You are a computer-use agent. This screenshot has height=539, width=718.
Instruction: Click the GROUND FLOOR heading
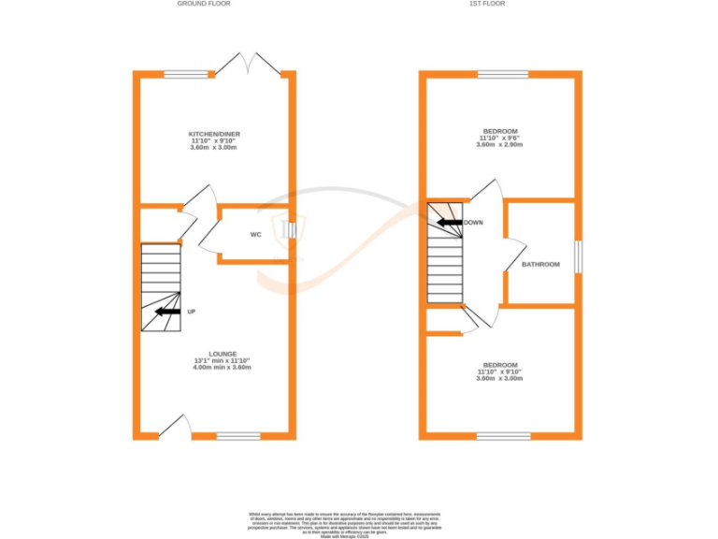pyautogui.click(x=203, y=4)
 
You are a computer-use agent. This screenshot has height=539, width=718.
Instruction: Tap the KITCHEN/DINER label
pyautogui.click(x=215, y=135)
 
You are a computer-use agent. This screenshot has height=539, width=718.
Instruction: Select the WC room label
pyautogui.click(x=255, y=235)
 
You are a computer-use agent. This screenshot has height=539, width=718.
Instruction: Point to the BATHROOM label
pyautogui.click(x=540, y=265)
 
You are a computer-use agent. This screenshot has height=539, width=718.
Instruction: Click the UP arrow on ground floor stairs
pyautogui.click(x=167, y=312)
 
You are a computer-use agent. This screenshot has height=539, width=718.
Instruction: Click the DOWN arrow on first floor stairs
pyautogui.click(x=448, y=223)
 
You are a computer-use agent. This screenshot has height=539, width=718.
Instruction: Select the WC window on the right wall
pyautogui.click(x=291, y=230)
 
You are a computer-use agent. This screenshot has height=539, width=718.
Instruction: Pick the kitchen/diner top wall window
pyautogui.click(x=185, y=74)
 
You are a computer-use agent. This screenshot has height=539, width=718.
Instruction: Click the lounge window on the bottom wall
pyautogui.click(x=238, y=435)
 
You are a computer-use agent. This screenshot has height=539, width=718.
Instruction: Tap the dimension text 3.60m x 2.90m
pyautogui.click(x=500, y=145)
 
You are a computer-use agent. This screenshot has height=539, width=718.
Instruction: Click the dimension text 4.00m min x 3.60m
pyautogui.click(x=223, y=368)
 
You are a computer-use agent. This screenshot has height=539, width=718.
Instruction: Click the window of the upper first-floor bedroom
pyautogui.click(x=503, y=74)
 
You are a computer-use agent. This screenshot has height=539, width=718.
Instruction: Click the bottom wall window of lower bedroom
pyautogui.click(x=503, y=435)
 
